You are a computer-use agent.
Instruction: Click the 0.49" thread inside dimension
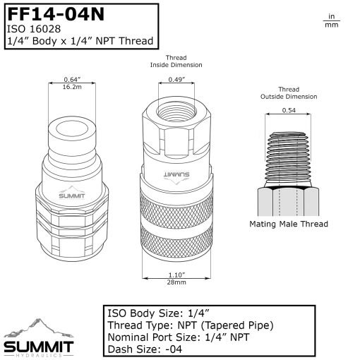point(176,80)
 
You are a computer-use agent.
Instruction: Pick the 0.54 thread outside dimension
point(289,111)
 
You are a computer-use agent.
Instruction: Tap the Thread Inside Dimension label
point(176,61)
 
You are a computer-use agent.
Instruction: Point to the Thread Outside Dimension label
point(289,92)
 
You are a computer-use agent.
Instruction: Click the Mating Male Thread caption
point(289,224)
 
